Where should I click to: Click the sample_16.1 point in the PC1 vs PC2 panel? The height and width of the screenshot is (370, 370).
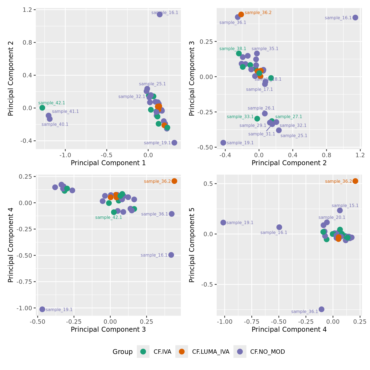pyautogui.click(x=160, y=14)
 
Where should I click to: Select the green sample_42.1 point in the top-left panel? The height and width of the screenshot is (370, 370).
pyautogui.click(x=42, y=108)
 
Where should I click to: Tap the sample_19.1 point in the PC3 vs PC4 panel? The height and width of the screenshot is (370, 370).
pyautogui.click(x=42, y=309)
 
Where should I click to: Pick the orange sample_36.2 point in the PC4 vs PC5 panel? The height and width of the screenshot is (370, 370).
pyautogui.click(x=355, y=181)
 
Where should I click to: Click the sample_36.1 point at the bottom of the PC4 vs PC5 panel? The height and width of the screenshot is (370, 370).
pyautogui.click(x=321, y=309)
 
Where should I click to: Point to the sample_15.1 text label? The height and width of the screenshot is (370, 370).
pyautogui.click(x=345, y=206)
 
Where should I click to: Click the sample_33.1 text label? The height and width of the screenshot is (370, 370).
pyautogui.click(x=240, y=117)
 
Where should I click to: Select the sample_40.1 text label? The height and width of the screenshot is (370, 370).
pyautogui.click(x=55, y=124)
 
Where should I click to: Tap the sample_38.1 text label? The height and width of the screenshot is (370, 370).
pyautogui.click(x=233, y=49)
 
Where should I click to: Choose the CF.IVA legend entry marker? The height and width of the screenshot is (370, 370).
pyautogui.click(x=143, y=352)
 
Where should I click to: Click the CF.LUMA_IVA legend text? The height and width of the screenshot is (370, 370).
pyautogui.click(x=211, y=352)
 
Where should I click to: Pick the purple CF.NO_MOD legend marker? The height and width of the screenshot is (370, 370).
pyautogui.click(x=240, y=352)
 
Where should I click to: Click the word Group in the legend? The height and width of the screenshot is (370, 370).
pyautogui.click(x=123, y=352)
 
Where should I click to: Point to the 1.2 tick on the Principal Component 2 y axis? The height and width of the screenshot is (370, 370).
pyautogui.click(x=28, y=10)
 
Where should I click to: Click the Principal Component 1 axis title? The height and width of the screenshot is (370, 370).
pyautogui.click(x=108, y=163)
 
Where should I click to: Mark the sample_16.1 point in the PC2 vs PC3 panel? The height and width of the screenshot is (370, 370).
pyautogui.click(x=355, y=18)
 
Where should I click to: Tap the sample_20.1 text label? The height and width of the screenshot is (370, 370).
pyautogui.click(x=332, y=217)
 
